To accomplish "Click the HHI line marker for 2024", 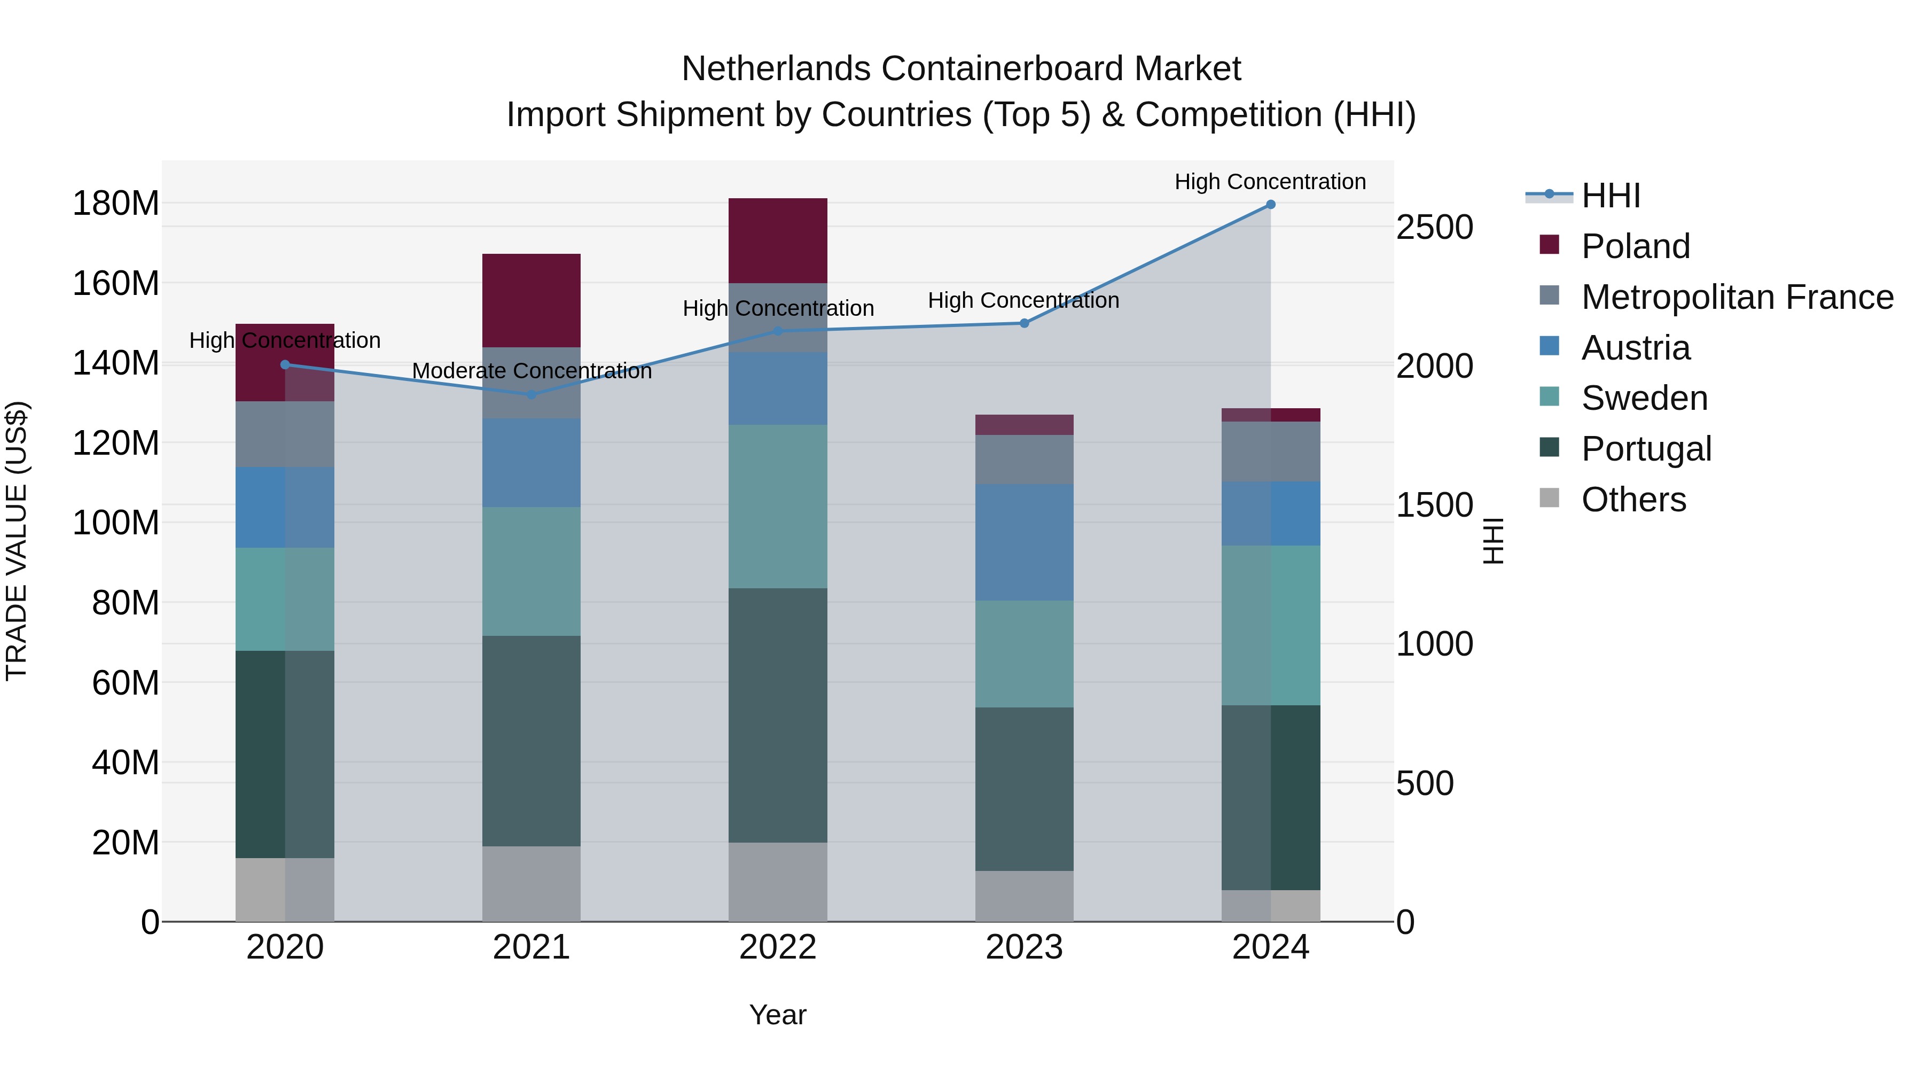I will [1271, 205].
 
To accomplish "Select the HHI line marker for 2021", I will [531, 394].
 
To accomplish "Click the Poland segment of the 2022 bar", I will [778, 240].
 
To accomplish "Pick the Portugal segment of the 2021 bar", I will [531, 741].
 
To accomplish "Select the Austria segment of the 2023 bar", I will [1024, 542].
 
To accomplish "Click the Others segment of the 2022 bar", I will [778, 882].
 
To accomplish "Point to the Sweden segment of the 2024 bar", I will [1271, 625].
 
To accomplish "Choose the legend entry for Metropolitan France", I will [1737, 297].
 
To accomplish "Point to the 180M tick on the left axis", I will [116, 203].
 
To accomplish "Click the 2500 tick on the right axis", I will [1434, 227].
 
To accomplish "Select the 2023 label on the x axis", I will [1024, 947].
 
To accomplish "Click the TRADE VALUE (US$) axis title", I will [17, 541].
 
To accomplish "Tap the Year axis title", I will [778, 1015].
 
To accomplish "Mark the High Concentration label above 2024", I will [1271, 182].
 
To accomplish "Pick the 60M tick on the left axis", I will [126, 682].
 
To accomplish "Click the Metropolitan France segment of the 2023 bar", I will [1024, 459].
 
